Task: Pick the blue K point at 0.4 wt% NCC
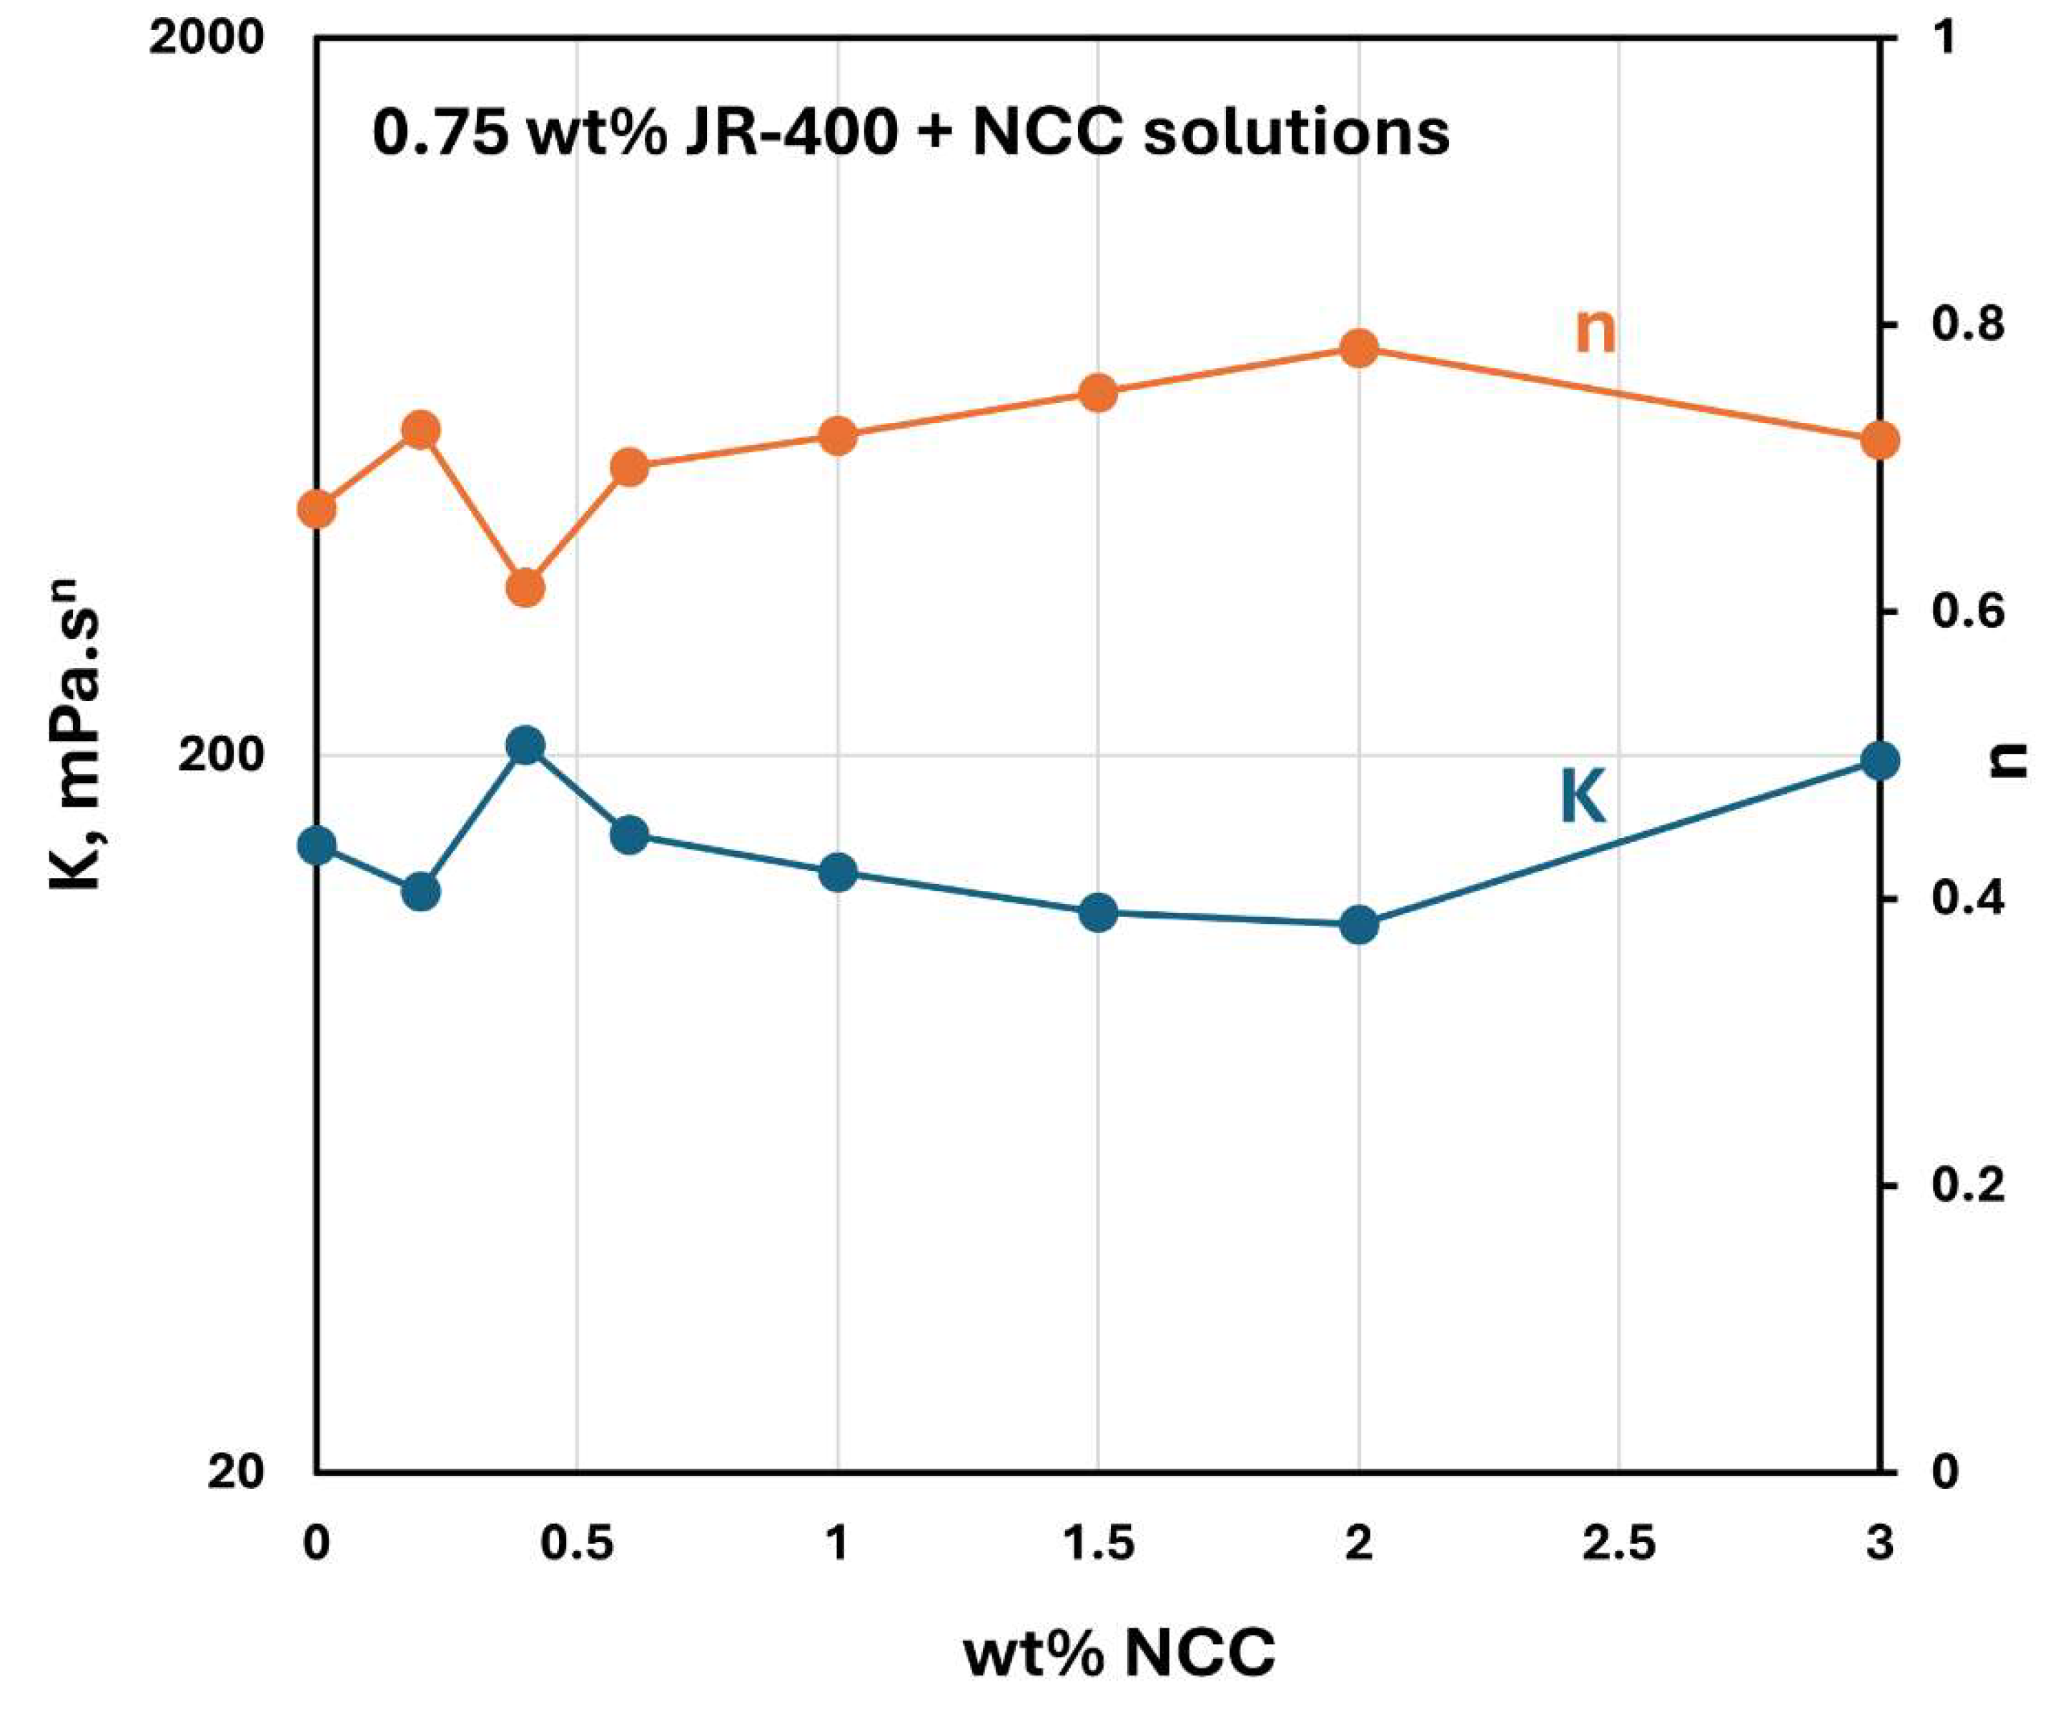point(525,746)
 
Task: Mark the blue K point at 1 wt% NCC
point(838,872)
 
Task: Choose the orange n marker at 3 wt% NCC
point(1880,439)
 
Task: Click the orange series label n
point(1596,332)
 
